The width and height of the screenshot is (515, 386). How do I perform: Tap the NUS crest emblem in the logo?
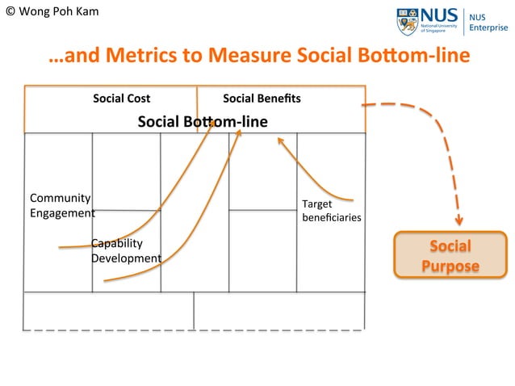click(x=407, y=21)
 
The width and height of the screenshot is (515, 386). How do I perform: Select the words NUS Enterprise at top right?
click(x=488, y=23)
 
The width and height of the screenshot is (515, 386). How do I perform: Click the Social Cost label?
click(x=121, y=99)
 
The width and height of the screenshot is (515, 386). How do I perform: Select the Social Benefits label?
click(x=262, y=99)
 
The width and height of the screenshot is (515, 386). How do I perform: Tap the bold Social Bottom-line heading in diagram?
click(x=203, y=122)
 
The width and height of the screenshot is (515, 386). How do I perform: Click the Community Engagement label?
click(x=61, y=206)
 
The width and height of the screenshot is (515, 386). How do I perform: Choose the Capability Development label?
click(x=125, y=250)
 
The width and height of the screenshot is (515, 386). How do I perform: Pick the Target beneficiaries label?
click(x=331, y=211)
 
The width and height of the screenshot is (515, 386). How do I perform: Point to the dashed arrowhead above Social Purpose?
click(x=458, y=219)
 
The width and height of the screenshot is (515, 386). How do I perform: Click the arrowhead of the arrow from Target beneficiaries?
click(x=281, y=141)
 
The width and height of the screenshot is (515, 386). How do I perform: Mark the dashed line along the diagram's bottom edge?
click(x=194, y=330)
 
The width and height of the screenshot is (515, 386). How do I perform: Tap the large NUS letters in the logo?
click(x=439, y=15)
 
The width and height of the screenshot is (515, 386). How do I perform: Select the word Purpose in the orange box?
click(x=450, y=266)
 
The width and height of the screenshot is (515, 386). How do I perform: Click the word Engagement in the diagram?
click(x=61, y=214)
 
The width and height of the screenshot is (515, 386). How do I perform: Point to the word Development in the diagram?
click(x=126, y=258)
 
